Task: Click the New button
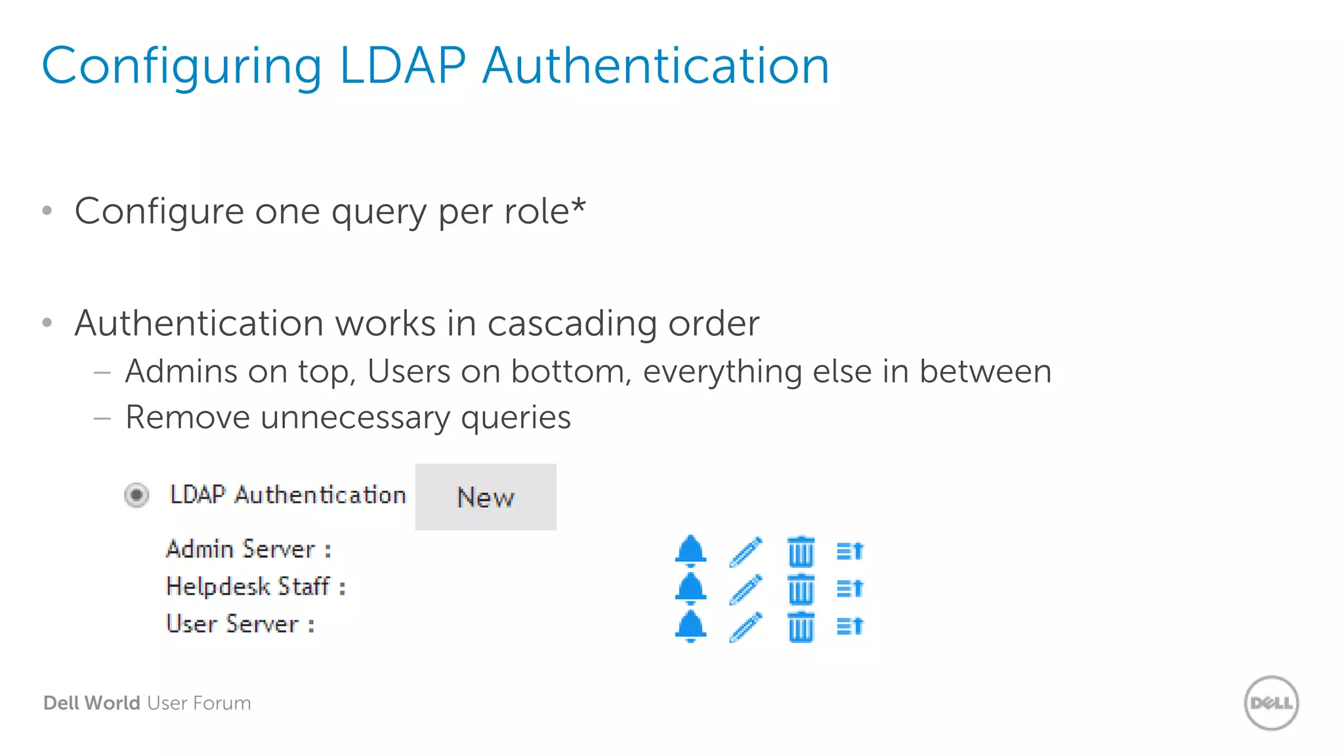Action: coord(486,497)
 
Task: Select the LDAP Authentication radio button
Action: coord(136,495)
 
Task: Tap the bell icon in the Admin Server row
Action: coord(690,551)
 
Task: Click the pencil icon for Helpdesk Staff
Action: coord(745,589)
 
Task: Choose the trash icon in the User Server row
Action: coord(801,627)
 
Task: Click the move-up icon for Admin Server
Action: coord(850,551)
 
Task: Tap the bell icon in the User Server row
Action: coord(690,626)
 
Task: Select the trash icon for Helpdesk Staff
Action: coord(801,589)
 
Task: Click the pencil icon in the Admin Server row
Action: coord(745,551)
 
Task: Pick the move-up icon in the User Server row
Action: coord(850,626)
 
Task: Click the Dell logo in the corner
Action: coord(1271,703)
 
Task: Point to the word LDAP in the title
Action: coord(402,66)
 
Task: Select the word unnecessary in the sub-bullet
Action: coord(355,417)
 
